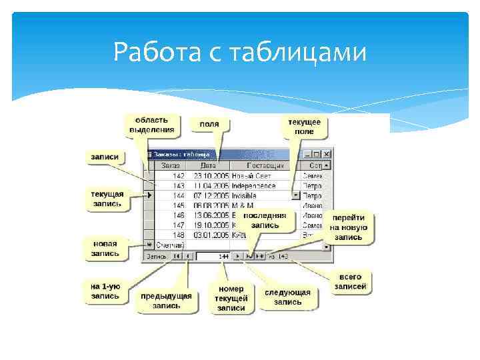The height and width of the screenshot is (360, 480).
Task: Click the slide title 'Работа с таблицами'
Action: pos(239,52)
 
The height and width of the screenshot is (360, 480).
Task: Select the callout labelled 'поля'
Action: pos(209,124)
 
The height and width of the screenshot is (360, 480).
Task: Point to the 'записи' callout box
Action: pos(105,157)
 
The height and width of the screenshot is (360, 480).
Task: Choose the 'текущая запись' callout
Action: pos(107,199)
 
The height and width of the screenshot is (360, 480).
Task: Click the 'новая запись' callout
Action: pos(105,248)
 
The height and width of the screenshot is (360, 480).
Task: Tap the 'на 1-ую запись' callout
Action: pos(105,291)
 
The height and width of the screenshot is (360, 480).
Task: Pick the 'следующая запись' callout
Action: pos(287,297)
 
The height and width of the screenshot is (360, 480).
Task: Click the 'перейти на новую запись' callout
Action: pos(349,227)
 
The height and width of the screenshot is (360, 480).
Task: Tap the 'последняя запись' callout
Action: pos(265,221)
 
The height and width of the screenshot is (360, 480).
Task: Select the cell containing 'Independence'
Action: pos(259,186)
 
